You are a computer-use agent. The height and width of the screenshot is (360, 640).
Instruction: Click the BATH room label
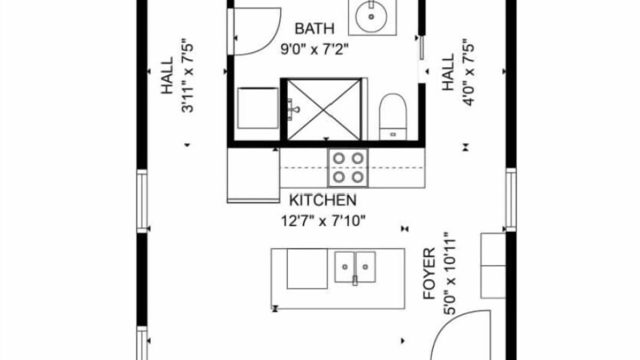coord(314,29)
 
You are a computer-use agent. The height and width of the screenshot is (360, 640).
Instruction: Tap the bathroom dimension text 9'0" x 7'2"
coord(314,49)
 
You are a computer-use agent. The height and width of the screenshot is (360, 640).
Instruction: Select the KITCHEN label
coord(323,200)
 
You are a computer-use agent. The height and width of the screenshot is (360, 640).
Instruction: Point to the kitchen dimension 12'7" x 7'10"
coord(323,221)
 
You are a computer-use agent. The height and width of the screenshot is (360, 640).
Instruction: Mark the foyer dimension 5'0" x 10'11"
coord(449,273)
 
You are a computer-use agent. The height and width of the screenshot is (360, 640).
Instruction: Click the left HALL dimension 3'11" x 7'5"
coord(187,75)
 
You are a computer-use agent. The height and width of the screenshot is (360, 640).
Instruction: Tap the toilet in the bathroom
coord(393,116)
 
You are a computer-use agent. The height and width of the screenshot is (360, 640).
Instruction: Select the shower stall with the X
coord(323,110)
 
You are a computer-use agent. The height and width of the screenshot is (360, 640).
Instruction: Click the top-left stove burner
coord(339,158)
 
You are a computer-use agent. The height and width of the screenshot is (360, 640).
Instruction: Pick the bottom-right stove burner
coord(357,177)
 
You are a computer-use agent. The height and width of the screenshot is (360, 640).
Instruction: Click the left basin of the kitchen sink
coord(344,267)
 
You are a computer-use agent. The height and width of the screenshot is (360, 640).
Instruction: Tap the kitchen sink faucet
coord(355,280)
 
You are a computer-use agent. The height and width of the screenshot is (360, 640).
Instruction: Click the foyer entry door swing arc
coord(445,323)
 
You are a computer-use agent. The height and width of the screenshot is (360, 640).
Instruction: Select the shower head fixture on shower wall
coord(293,109)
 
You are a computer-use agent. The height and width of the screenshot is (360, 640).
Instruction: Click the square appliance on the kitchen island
coord(307,268)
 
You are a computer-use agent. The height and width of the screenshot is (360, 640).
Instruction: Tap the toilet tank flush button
coord(393,134)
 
